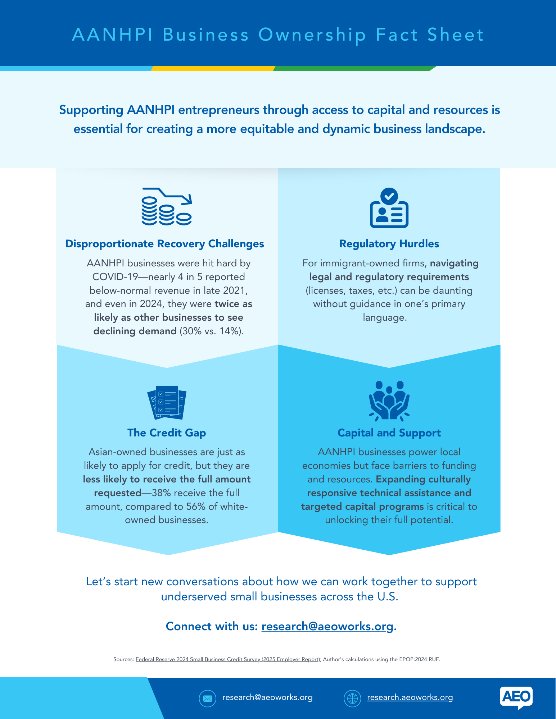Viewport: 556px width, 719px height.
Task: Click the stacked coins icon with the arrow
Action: [166, 206]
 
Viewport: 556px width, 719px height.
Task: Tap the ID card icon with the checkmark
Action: [389, 208]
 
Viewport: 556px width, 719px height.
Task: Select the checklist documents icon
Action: [167, 402]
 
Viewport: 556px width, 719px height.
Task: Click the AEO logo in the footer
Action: [516, 698]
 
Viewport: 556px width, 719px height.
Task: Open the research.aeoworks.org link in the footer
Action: [410, 697]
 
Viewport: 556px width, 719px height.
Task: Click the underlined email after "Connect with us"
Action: [327, 626]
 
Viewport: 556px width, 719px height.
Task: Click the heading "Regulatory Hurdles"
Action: [389, 244]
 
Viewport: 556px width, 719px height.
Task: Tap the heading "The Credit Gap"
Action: [167, 433]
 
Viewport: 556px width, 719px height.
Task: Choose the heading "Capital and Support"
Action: [389, 433]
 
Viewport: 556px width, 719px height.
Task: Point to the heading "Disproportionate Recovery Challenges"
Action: [164, 244]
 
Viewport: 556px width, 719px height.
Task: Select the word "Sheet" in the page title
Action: [455, 35]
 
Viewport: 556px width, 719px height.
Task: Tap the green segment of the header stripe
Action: [355, 68]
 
